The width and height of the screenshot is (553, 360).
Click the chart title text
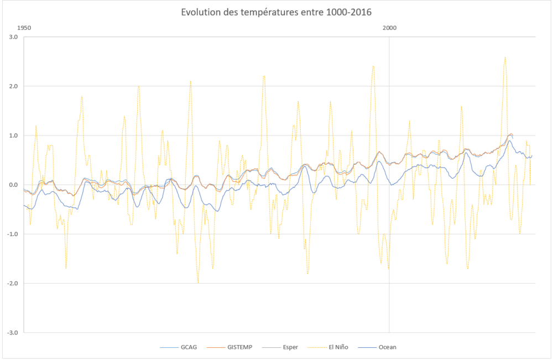pos(276,12)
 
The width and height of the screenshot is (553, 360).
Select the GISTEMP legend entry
pos(239,347)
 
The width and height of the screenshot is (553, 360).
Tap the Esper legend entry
pos(290,347)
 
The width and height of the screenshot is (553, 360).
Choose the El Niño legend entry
pos(337,347)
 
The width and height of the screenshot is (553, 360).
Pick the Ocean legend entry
pos(387,347)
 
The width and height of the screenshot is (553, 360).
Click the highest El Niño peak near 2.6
pos(505,57)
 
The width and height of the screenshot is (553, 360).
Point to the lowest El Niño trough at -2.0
pos(198,283)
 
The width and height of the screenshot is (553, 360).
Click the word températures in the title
pos(268,12)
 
